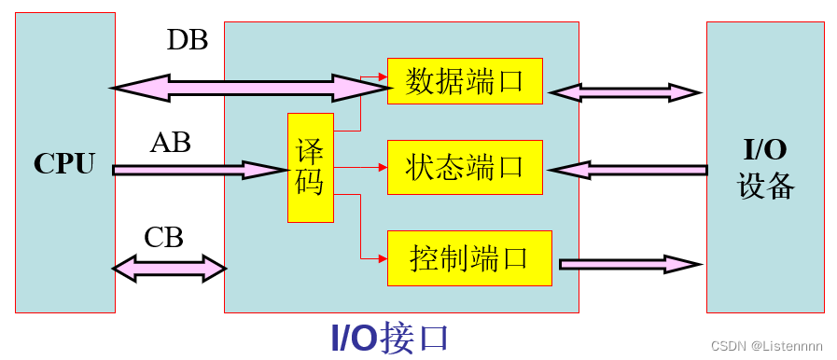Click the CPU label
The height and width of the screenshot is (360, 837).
64,163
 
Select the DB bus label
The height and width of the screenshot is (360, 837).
188,40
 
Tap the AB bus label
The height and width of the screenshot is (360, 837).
171,143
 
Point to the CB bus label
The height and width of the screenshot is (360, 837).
163,238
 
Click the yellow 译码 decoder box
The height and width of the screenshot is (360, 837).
310,168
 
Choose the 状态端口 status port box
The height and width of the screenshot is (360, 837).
465,168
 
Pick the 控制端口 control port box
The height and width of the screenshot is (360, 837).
469,258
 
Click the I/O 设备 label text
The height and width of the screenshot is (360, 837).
765,168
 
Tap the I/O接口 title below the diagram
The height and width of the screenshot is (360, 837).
391,338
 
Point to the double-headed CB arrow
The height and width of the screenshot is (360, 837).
169,269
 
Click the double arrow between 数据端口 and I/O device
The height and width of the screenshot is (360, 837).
625,92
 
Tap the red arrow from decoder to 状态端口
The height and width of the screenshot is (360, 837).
359,168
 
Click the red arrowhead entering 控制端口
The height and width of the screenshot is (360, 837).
383,257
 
